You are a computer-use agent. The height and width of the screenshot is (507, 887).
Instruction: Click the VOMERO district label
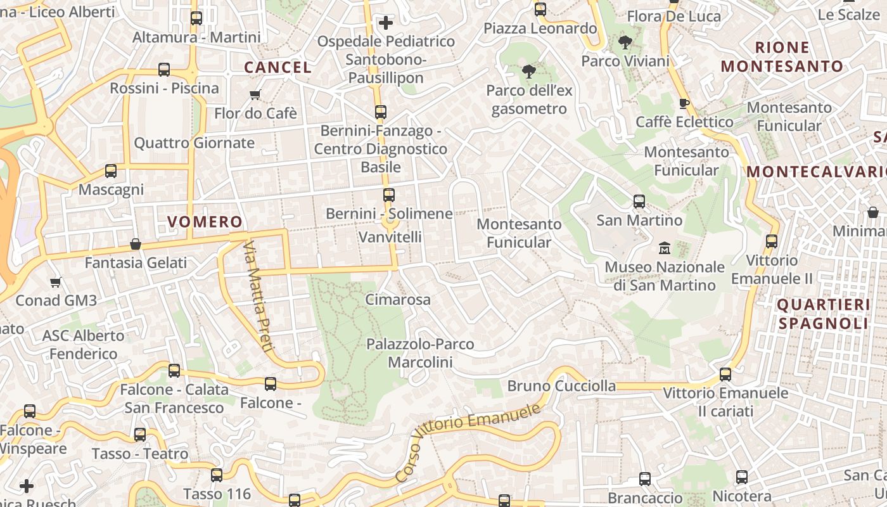click(x=205, y=222)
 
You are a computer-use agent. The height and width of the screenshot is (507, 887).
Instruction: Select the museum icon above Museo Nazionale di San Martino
click(x=665, y=247)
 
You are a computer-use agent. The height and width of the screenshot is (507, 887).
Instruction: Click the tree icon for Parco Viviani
click(x=625, y=43)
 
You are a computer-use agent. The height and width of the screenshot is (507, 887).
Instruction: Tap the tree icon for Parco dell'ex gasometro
click(x=529, y=72)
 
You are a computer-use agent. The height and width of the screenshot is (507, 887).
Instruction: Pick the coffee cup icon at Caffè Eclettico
click(x=684, y=103)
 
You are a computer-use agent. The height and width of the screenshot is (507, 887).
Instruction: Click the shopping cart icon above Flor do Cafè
click(x=255, y=95)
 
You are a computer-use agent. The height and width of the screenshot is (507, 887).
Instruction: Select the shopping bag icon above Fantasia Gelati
click(x=136, y=244)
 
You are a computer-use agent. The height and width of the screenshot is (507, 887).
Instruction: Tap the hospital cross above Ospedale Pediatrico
click(x=386, y=23)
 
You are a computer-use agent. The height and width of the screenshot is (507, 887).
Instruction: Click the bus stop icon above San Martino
click(x=639, y=202)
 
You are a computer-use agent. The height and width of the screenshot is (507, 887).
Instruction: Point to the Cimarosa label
click(x=398, y=300)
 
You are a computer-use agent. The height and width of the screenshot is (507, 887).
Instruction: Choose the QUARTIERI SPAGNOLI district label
click(x=823, y=314)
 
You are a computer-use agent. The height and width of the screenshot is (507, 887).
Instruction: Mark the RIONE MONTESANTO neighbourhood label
click(x=782, y=57)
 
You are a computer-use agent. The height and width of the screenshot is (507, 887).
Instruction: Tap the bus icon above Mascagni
click(x=111, y=171)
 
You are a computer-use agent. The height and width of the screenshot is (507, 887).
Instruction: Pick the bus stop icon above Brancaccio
click(x=645, y=479)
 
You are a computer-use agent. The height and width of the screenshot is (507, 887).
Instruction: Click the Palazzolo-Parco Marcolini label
click(x=420, y=353)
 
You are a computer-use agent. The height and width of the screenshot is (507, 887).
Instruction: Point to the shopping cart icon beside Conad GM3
click(x=56, y=282)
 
